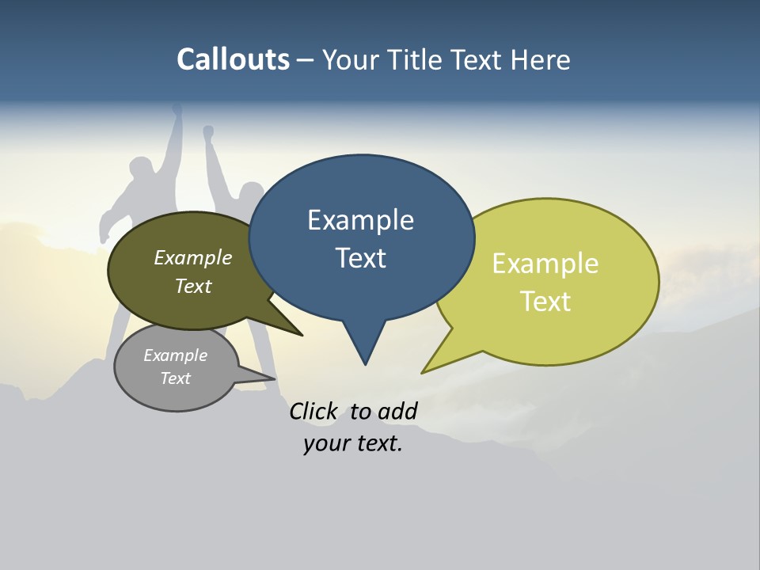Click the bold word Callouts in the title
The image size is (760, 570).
pos(233,59)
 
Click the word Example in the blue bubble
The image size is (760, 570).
pos(360,220)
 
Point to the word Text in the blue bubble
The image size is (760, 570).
pos(360,258)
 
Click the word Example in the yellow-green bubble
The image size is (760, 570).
pos(545,264)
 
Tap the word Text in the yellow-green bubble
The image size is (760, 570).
pos(546,302)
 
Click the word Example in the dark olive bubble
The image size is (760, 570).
pos(193,258)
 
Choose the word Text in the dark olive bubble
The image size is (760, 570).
pos(193,287)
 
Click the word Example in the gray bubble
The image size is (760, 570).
pos(176,356)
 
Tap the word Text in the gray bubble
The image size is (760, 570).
pos(176,378)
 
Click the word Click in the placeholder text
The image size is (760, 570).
pos(313,411)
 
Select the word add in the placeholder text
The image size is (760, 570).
pos(397,411)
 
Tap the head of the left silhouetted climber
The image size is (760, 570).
pos(142,170)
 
